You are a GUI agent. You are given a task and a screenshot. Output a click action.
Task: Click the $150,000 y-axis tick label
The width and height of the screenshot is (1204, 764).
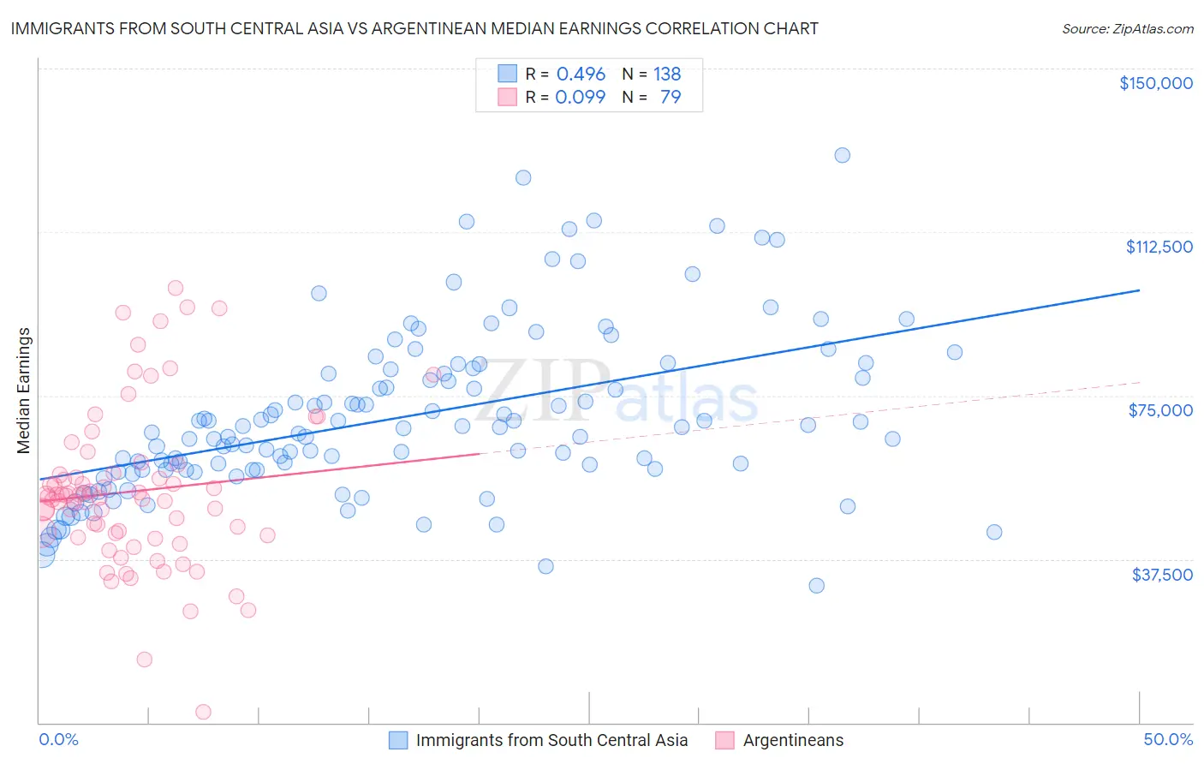point(1155,83)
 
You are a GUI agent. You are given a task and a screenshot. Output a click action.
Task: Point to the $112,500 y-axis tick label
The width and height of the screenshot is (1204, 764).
point(1159,247)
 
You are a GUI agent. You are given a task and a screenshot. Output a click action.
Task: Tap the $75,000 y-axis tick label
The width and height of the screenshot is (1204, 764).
point(1160,410)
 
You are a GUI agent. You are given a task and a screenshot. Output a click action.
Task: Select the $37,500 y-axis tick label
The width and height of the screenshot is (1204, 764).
point(1161,575)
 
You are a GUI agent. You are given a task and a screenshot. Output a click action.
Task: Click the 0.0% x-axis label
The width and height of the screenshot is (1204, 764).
point(58,739)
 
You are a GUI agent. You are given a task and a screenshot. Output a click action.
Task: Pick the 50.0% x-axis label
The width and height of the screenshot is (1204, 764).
point(1168,739)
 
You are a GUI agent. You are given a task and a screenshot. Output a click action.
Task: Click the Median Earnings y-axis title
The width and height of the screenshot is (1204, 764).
point(24,391)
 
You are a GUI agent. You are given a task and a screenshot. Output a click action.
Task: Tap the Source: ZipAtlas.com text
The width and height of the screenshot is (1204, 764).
point(1127,29)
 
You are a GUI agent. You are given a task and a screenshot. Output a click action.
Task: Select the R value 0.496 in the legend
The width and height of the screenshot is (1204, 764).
point(581,75)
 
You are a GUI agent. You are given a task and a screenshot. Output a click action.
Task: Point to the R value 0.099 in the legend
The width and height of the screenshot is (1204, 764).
point(581,97)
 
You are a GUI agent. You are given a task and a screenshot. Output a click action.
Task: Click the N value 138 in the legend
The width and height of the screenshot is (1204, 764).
point(667,75)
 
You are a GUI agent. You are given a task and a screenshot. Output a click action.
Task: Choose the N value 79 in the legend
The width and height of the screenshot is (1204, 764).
point(671,97)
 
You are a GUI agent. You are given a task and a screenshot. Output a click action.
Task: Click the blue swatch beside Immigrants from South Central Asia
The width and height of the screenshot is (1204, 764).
point(398,740)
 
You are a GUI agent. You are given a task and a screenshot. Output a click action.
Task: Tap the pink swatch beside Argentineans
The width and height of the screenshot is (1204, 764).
point(725,740)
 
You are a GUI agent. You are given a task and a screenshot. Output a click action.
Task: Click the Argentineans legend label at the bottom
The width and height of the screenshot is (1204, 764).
point(793,740)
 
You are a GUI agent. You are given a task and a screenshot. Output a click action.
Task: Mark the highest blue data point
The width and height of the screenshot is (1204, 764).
point(843,155)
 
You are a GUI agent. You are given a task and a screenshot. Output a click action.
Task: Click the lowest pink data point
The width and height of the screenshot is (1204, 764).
point(204,712)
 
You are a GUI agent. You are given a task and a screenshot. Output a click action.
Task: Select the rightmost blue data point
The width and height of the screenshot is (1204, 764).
point(994,532)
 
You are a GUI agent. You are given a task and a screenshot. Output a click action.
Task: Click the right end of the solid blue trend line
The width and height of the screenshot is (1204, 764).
point(1140,290)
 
